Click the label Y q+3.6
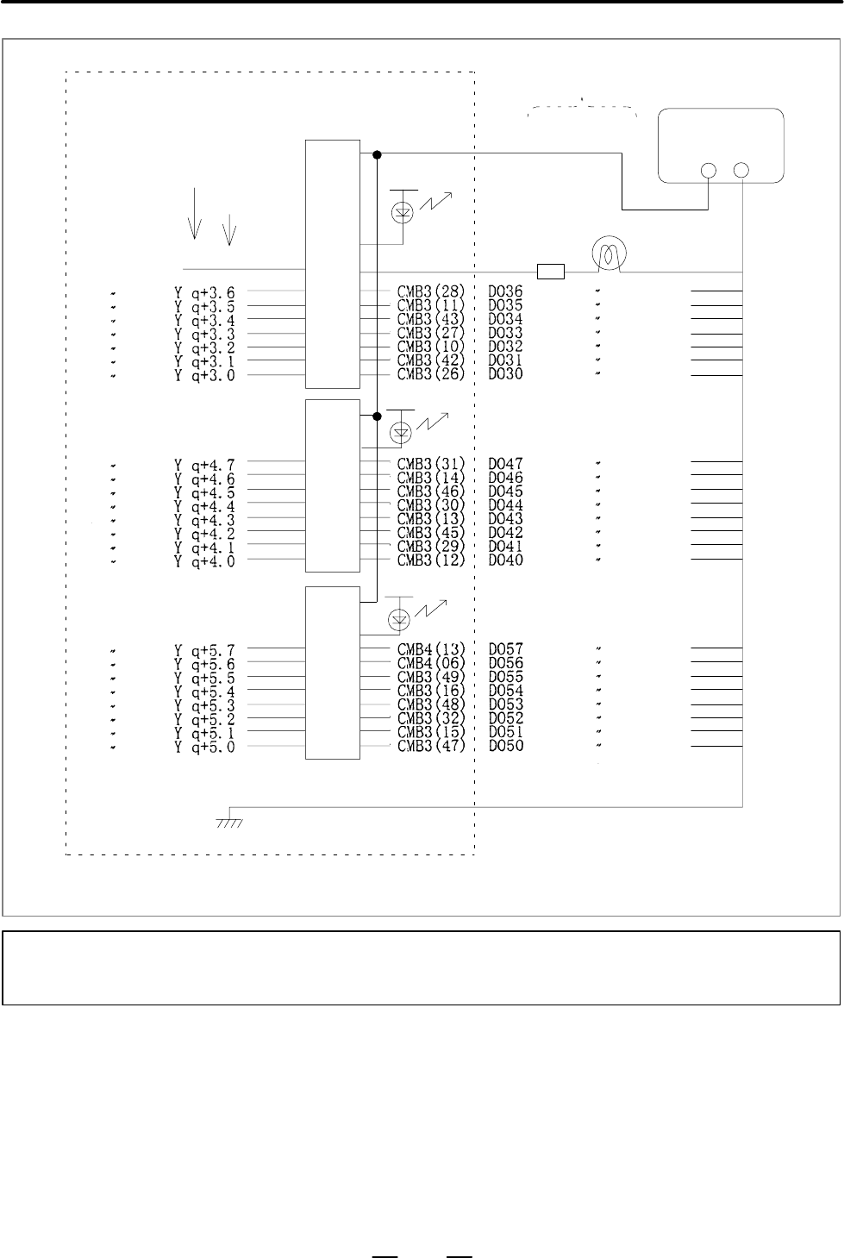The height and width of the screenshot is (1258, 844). (x=204, y=292)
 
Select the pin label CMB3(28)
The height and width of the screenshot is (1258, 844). (x=431, y=291)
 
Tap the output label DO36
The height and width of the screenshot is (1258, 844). (x=505, y=291)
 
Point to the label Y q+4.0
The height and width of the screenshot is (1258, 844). (x=204, y=561)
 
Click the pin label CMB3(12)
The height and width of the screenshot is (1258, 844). (x=431, y=560)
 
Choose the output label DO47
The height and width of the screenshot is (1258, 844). (x=505, y=464)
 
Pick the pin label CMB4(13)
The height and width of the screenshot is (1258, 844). (x=431, y=649)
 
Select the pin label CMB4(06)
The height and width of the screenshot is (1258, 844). (x=431, y=663)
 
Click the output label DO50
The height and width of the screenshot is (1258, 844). (x=506, y=746)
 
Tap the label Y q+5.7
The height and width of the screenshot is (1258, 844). (x=204, y=651)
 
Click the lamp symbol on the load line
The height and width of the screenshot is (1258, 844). (x=610, y=253)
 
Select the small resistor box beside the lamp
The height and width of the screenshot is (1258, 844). (x=551, y=272)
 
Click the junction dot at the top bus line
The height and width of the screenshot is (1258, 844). (x=377, y=154)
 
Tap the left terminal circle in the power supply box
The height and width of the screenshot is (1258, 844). (x=709, y=170)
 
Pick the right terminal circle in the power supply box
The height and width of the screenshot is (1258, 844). (x=741, y=170)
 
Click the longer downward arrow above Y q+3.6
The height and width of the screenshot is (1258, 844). (x=194, y=214)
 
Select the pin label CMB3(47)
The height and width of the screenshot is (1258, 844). (x=431, y=746)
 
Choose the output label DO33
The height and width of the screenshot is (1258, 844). (x=505, y=333)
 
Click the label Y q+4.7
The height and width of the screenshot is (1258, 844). (x=204, y=466)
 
